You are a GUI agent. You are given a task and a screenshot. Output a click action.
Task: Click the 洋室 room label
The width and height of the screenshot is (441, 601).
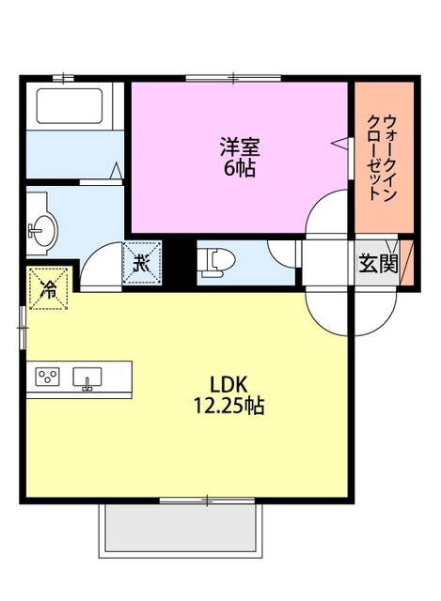tap(240, 147)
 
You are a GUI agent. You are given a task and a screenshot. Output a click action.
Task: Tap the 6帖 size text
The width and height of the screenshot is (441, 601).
tap(240, 170)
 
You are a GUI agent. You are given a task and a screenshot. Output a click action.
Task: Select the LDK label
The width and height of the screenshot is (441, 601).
tap(228, 385)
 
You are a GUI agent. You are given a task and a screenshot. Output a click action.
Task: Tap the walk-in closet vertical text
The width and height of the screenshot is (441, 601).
tap(380, 156)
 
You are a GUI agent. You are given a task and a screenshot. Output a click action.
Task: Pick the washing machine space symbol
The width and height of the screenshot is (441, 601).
tap(143, 260)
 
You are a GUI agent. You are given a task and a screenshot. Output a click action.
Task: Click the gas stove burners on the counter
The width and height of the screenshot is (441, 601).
tap(47, 378)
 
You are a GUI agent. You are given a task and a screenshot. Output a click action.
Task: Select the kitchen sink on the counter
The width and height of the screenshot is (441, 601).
tap(90, 378)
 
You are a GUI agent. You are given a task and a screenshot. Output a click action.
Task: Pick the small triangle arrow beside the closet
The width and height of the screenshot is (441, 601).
tap(339, 143)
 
